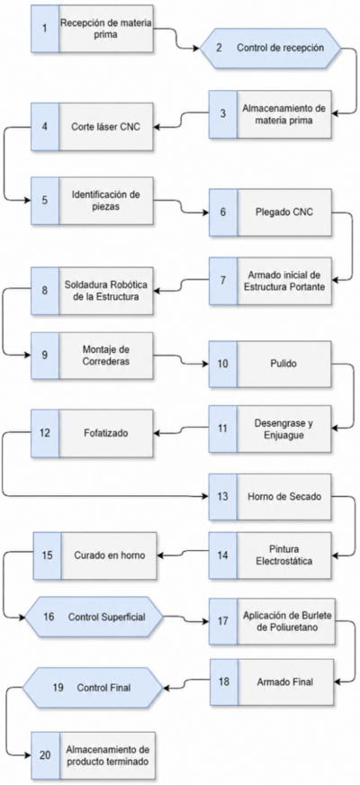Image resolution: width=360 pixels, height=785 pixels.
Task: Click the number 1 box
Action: [45, 29]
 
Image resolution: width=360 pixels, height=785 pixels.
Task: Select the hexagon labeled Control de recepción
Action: [270, 48]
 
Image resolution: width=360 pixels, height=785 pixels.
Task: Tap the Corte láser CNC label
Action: [105, 127]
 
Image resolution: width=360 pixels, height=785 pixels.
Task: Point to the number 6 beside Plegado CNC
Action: [223, 212]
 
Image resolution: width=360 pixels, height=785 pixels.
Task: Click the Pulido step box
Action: [270, 364]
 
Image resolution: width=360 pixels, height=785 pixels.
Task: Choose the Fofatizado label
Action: [105, 433]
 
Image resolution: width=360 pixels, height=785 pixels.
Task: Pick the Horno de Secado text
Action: [283, 497]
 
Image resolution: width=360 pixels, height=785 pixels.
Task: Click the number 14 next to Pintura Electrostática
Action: [223, 555]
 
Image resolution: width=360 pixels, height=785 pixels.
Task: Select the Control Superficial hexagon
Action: [94, 617]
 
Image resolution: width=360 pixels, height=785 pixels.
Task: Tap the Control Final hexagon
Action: [93, 688]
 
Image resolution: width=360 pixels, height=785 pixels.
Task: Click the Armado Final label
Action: [284, 681]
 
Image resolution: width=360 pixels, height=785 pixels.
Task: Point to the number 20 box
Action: [45, 755]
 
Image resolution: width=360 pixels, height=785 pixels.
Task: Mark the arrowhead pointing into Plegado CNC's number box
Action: [205, 212]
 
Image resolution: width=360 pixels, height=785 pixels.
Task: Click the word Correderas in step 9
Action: [106, 362]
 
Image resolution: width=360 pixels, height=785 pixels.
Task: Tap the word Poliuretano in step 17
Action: [284, 627]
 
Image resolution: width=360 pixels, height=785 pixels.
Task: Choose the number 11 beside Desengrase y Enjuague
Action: [223, 428]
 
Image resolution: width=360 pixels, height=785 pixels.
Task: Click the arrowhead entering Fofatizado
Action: [157, 433]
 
